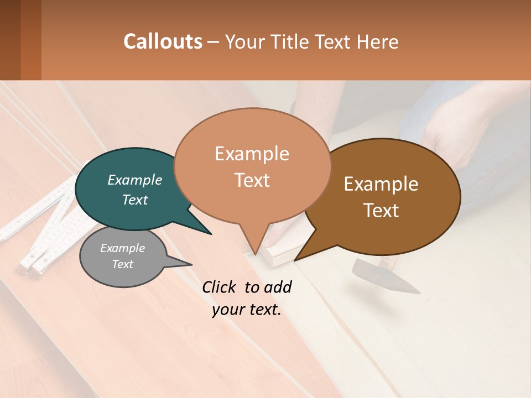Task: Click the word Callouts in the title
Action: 163,41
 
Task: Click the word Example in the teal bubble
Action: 135,180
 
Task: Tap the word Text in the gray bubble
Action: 122,264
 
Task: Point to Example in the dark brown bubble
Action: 381,184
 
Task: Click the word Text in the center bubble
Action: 252,180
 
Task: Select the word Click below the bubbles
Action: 220,287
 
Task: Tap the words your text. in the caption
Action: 247,310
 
